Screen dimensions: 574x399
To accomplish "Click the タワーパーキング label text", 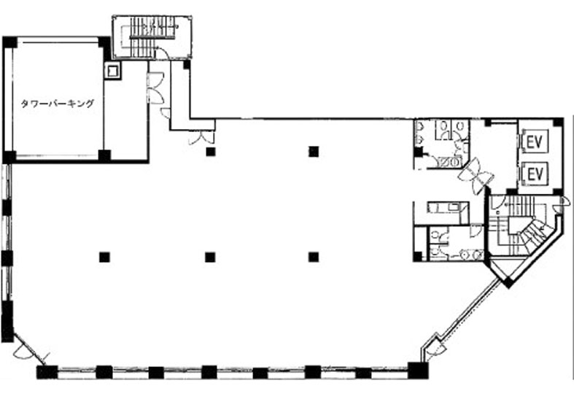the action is click(x=58, y=104).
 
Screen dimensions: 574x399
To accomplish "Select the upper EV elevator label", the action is click(x=535, y=142).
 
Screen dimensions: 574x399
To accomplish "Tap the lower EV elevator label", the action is click(x=535, y=174).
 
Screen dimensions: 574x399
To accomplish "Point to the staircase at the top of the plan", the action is click(x=152, y=37).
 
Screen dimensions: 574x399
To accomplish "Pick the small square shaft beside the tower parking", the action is click(x=112, y=70).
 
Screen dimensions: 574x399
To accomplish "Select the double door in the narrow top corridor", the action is click(x=155, y=88).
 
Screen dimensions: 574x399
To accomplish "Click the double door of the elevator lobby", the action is click(x=476, y=177).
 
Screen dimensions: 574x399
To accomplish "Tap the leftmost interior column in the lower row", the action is click(x=104, y=257).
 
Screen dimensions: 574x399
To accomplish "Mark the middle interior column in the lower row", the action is click(x=210, y=257).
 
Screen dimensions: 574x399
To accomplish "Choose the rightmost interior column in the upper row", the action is click(x=314, y=151).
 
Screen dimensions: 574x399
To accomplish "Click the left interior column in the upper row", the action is click(x=210, y=151).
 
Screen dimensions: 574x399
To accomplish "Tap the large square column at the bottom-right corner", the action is click(x=418, y=370).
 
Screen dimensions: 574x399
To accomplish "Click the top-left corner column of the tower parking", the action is click(x=10, y=42).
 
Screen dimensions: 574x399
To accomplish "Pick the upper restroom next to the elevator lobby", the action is click(x=442, y=144).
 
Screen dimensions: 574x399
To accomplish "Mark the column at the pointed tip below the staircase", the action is click(x=508, y=282).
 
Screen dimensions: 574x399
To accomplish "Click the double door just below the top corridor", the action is click(x=201, y=138).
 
